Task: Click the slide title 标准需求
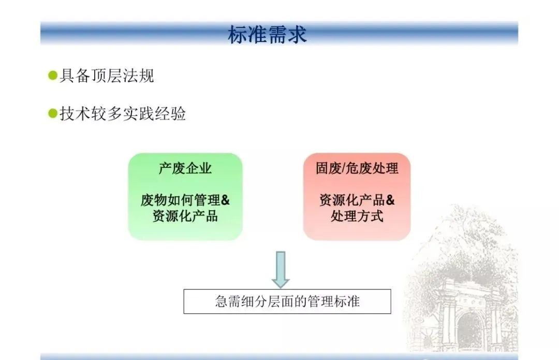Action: pyautogui.click(x=267, y=35)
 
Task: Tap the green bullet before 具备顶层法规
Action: pyautogui.click(x=53, y=76)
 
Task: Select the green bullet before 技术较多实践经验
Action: pyautogui.click(x=53, y=113)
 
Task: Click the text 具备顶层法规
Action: pyautogui.click(x=107, y=76)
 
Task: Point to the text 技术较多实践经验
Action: pyautogui.click(x=123, y=113)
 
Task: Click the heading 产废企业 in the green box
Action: pyautogui.click(x=185, y=168)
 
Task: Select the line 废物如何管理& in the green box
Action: pyautogui.click(x=185, y=200)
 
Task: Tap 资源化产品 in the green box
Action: pyautogui.click(x=185, y=216)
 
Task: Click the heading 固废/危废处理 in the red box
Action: pyautogui.click(x=357, y=168)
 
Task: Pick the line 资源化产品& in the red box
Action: pyautogui.click(x=357, y=200)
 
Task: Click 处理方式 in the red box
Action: pyautogui.click(x=357, y=216)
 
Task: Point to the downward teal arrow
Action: pyautogui.click(x=281, y=270)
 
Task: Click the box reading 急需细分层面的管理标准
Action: pyautogui.click(x=287, y=301)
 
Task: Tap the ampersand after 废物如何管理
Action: pyautogui.click(x=225, y=200)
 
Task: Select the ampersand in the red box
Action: pyautogui.click(x=390, y=200)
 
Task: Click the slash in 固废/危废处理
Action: pyautogui.click(x=344, y=168)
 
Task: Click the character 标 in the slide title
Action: pyautogui.click(x=238, y=35)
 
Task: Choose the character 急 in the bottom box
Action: pyautogui.click(x=221, y=301)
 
